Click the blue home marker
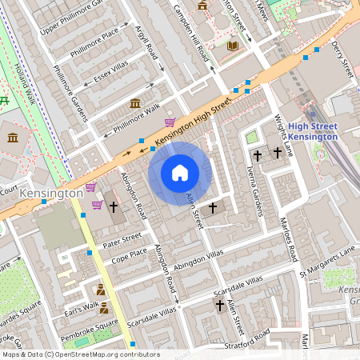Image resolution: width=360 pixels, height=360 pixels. [180, 173]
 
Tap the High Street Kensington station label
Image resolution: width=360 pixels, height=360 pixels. [313, 131]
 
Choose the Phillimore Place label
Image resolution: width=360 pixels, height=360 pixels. [94, 38]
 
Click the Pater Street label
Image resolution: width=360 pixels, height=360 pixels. [122, 237]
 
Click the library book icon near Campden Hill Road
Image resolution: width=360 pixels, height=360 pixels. [232, 46]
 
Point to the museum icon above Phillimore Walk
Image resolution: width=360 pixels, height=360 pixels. [135, 103]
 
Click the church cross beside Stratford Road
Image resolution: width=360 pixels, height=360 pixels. [219, 306]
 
